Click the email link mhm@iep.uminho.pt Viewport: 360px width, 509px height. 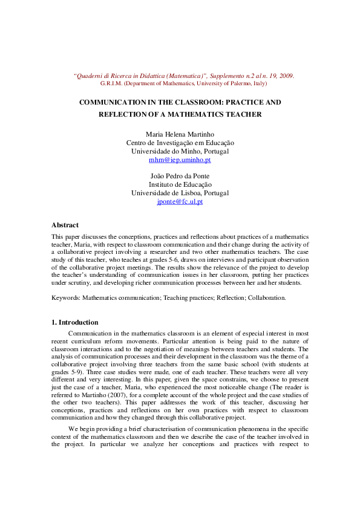pyautogui.click(x=180, y=160)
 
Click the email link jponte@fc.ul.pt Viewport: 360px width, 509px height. pyautogui.click(x=180, y=201)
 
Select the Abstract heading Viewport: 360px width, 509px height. pyautogui.click(x=65, y=225)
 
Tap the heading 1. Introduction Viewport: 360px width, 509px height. pyautogui.click(x=75, y=322)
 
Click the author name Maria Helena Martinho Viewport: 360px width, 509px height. pyautogui.click(x=180, y=134)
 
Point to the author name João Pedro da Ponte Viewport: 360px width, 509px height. pyautogui.click(x=180, y=176)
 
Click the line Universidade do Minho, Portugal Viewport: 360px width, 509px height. pyautogui.click(x=180, y=151)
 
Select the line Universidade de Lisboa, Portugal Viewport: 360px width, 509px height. pyautogui.click(x=180, y=193)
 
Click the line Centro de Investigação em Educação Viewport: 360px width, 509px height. pyautogui.click(x=180, y=143)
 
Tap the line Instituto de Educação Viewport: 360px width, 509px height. pyautogui.click(x=180, y=184)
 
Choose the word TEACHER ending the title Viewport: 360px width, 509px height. pyautogui.click(x=246, y=114)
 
